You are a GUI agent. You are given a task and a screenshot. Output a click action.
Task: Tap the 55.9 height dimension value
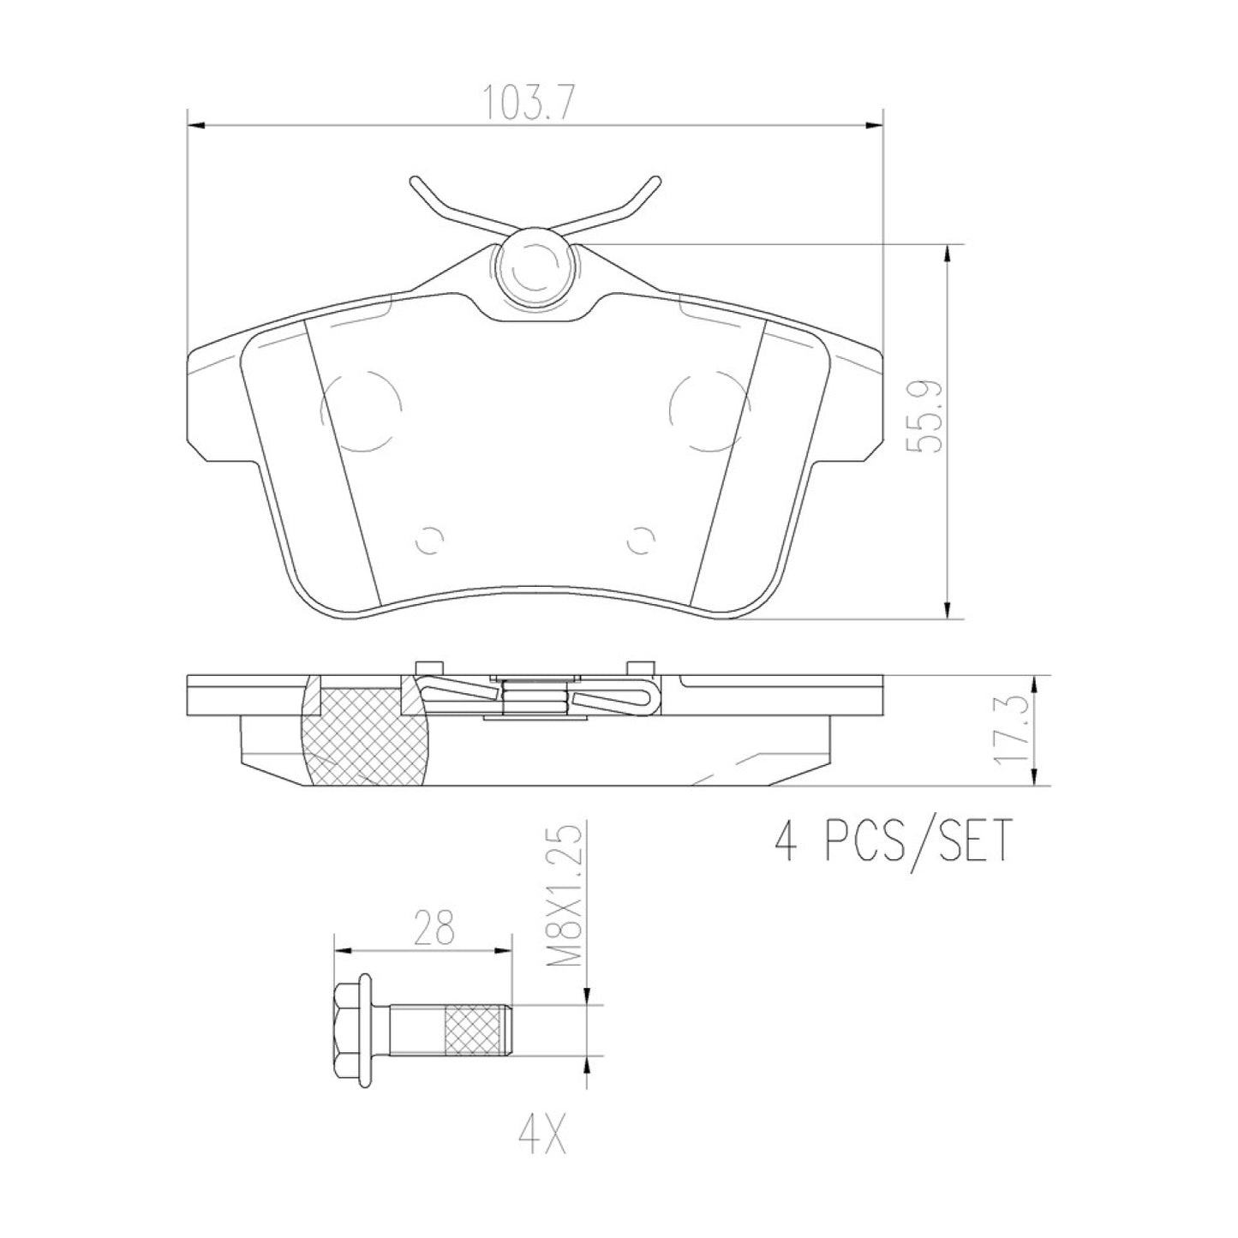tap(924, 417)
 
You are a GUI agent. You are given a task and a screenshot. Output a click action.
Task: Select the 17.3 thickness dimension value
tap(1011, 731)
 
